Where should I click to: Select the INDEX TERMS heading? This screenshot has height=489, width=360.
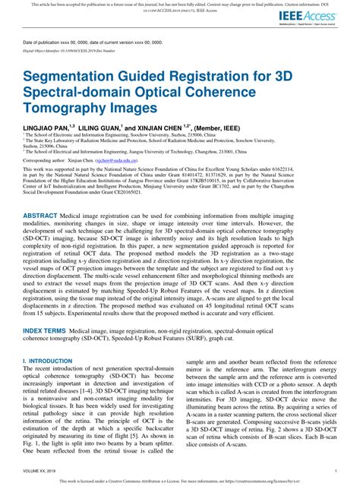pos(45,333)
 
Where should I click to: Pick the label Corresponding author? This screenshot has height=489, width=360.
pos(45,161)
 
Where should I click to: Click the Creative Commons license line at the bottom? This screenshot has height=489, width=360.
pos(180,481)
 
